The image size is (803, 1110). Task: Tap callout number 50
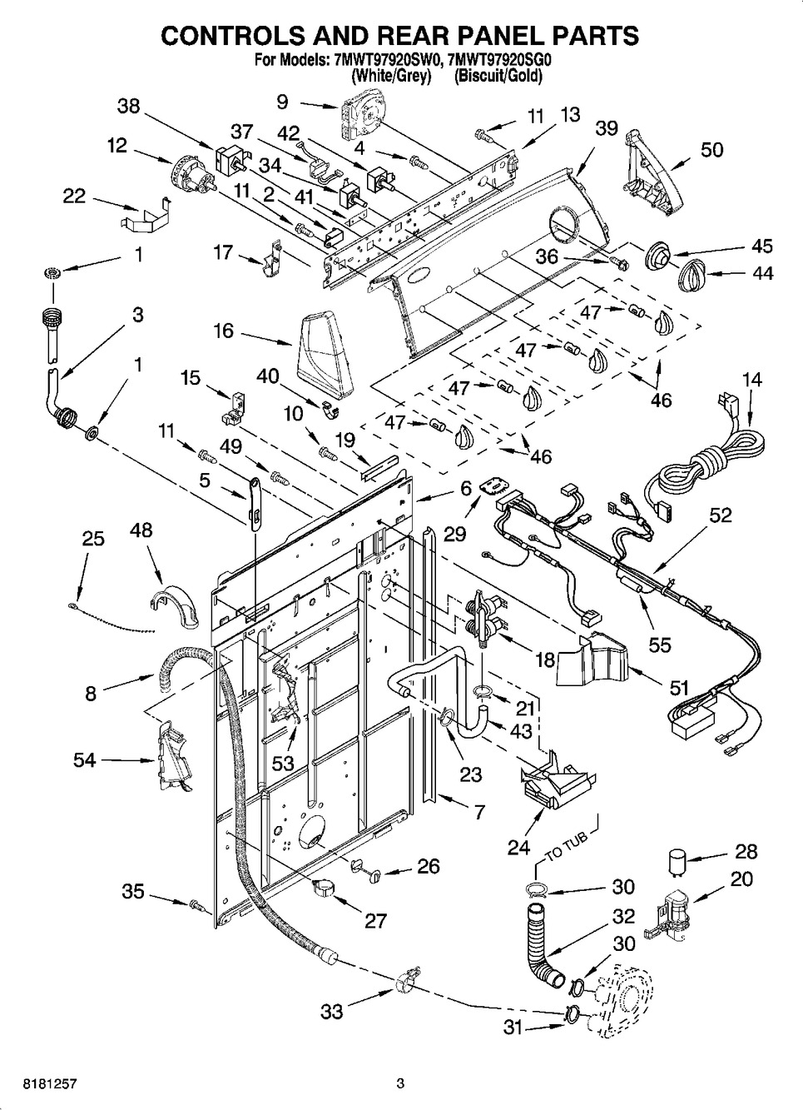(711, 150)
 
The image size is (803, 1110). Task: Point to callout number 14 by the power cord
(751, 379)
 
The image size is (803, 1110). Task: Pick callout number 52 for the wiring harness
(721, 515)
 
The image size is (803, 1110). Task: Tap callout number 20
(741, 878)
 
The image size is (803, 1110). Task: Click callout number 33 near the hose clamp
(332, 1012)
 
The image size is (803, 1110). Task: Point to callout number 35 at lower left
(133, 892)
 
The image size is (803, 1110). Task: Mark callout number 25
(93, 538)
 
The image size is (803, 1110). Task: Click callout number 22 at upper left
(74, 195)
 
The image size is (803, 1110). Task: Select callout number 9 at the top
(282, 102)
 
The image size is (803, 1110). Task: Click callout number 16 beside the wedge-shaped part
(223, 331)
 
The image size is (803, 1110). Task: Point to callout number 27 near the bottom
(376, 920)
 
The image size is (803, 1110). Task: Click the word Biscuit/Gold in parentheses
(498, 76)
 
